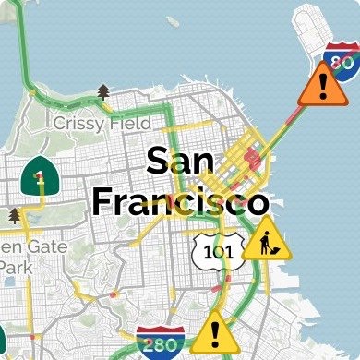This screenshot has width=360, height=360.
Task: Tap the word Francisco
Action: point(181,200)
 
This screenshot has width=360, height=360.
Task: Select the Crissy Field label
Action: point(102,122)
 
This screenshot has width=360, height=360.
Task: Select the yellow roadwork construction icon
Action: point(266,243)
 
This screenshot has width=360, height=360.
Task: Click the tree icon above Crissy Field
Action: point(103,90)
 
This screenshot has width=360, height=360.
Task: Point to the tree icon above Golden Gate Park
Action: point(14,215)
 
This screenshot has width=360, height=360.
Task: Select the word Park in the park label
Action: point(14,266)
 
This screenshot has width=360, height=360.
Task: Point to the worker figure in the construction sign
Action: point(265,245)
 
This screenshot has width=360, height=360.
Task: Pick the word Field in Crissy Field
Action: point(129,122)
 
